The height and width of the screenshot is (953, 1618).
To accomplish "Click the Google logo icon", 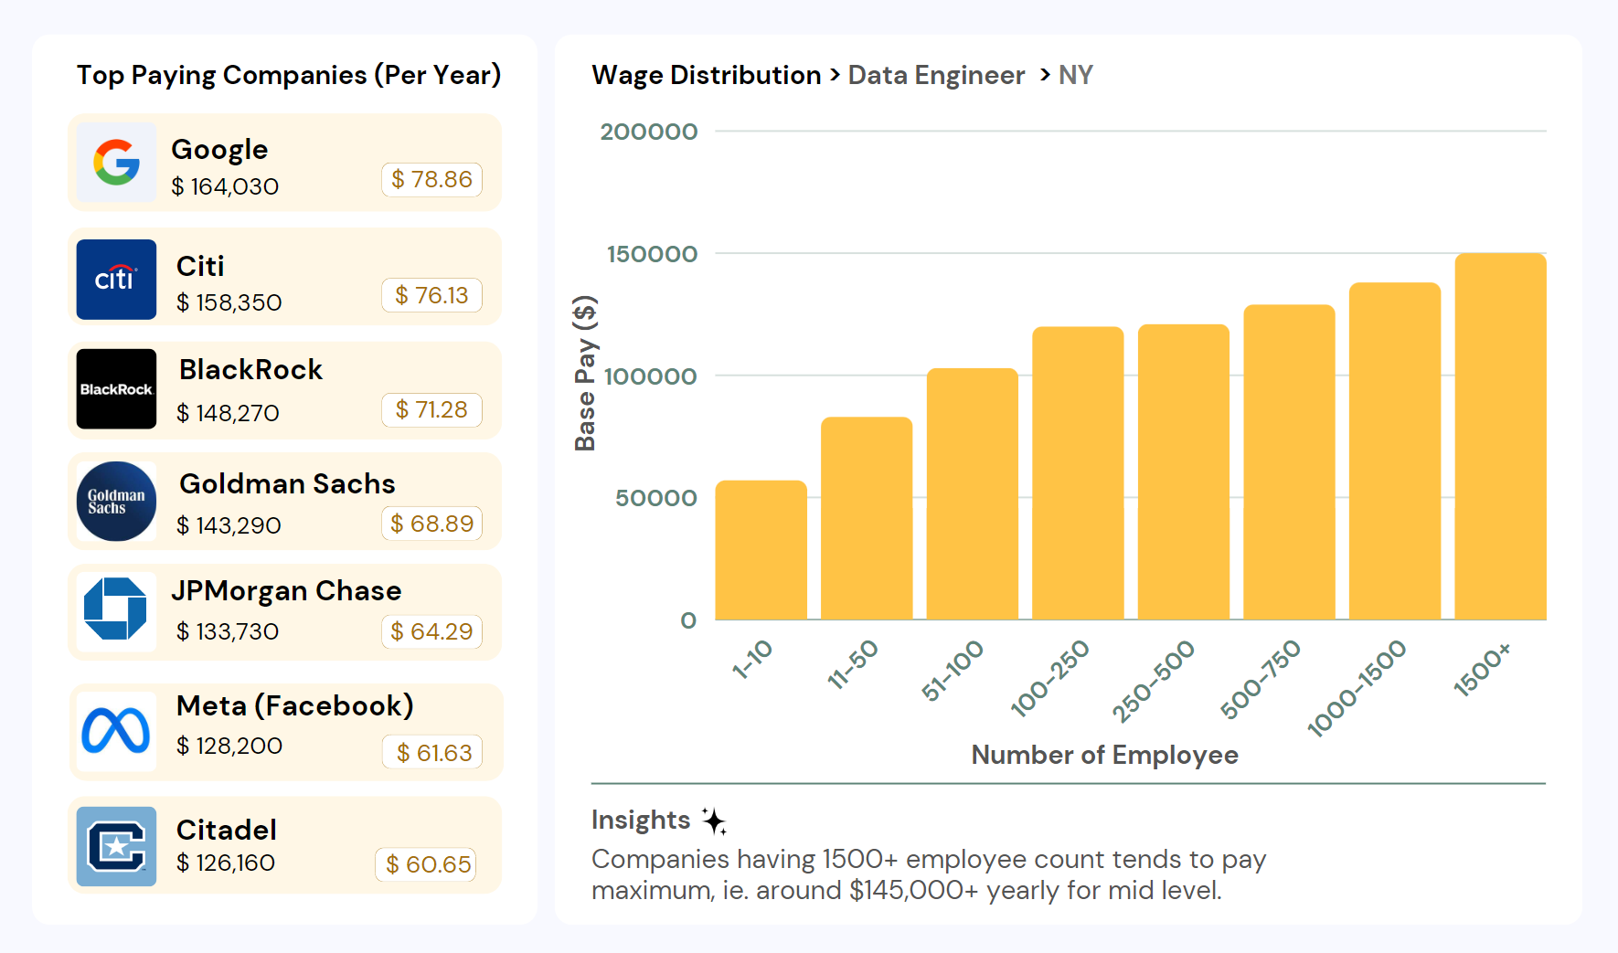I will click(x=116, y=163).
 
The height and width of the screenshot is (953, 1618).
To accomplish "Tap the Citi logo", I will click(x=116, y=279).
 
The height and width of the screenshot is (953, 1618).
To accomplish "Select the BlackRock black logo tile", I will click(x=116, y=389).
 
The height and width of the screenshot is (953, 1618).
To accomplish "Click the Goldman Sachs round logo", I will click(x=116, y=502).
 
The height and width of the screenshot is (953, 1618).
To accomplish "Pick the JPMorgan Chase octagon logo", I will click(x=116, y=609).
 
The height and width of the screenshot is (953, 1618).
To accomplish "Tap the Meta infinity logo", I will click(x=116, y=731).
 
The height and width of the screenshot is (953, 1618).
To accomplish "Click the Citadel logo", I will click(x=116, y=846).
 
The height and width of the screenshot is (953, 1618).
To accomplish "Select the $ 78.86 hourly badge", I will click(x=431, y=179).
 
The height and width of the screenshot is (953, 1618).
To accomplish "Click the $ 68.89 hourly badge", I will click(x=431, y=524).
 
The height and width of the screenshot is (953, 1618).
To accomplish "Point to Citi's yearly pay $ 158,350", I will click(x=229, y=302).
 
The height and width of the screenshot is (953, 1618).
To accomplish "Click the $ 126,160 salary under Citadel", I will click(x=226, y=863).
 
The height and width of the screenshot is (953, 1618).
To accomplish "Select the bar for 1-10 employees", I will click(x=761, y=550).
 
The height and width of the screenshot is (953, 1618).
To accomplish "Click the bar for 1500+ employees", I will click(x=1500, y=437).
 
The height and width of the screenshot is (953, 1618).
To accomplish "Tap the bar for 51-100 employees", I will click(x=972, y=493).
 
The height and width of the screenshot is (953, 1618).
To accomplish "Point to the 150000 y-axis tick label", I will click(x=652, y=254).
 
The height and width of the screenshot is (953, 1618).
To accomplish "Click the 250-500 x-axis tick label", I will click(x=1154, y=680).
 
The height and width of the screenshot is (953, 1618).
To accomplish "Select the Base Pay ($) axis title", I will click(x=585, y=373).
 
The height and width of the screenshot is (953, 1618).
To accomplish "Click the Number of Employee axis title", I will click(x=1104, y=755).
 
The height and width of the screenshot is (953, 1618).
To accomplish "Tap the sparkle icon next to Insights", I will click(x=715, y=821).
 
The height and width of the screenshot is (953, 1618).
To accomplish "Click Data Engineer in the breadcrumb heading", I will click(x=936, y=75).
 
